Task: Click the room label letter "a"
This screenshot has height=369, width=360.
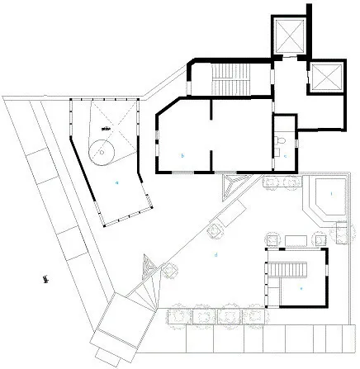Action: [117, 180]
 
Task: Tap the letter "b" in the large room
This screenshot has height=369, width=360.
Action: [181, 154]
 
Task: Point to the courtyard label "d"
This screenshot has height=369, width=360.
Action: [216, 255]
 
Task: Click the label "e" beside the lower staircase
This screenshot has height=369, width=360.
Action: [301, 287]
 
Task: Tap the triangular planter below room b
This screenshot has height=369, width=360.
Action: [234, 185]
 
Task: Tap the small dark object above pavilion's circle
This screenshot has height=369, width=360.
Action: [105, 129]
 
